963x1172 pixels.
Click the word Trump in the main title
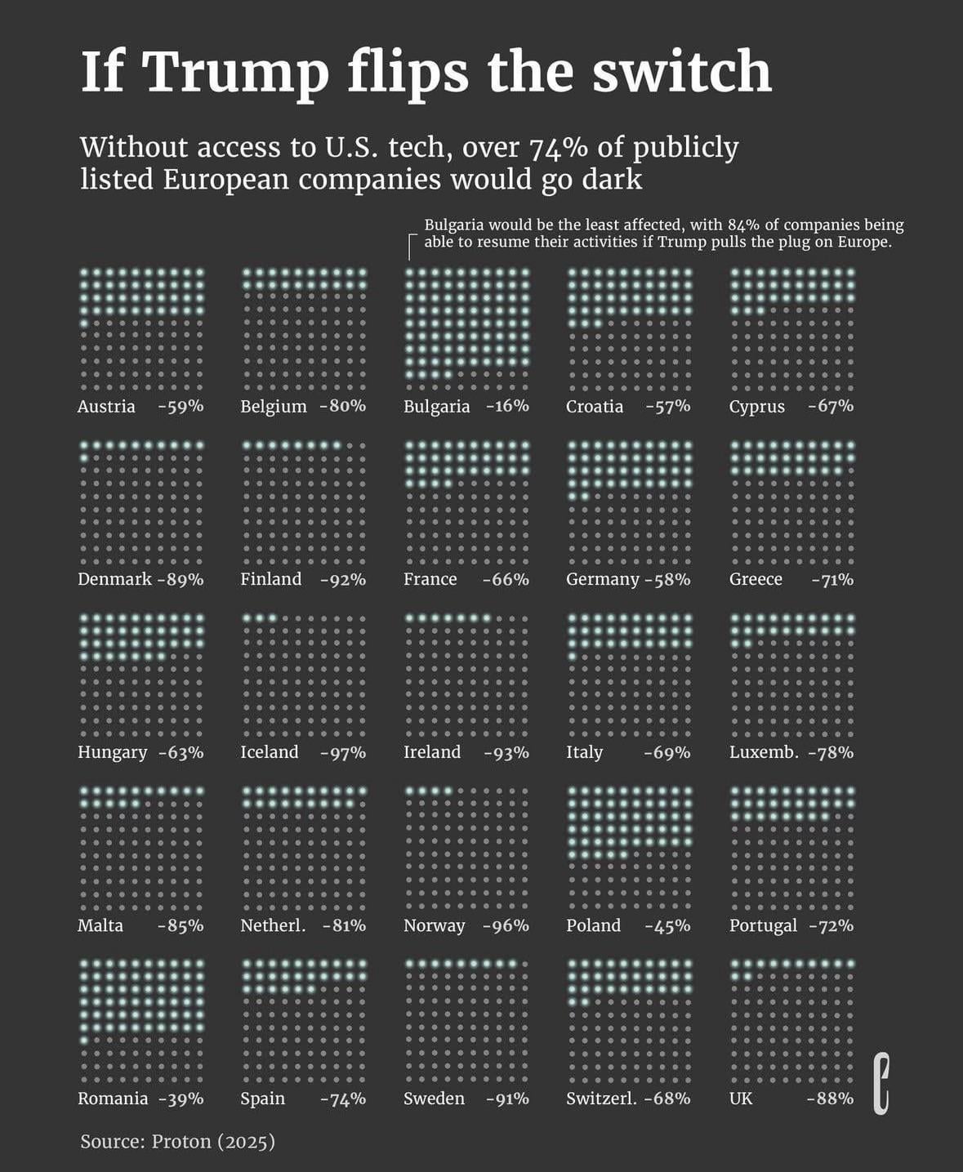pyautogui.click(x=236, y=72)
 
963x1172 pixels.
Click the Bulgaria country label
pyautogui.click(x=436, y=407)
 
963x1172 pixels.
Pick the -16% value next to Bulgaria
pyautogui.click(x=507, y=406)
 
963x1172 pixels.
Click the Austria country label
pyautogui.click(x=106, y=407)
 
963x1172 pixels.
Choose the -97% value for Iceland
pyautogui.click(x=343, y=752)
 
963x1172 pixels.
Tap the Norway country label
pyautogui.click(x=434, y=925)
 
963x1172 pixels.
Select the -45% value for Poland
pyautogui.click(x=667, y=925)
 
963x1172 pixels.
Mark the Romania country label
pyautogui.click(x=113, y=1098)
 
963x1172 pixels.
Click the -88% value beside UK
pyautogui.click(x=830, y=1098)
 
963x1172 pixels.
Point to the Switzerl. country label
pyautogui.click(x=601, y=1098)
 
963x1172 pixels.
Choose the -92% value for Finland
pyautogui.click(x=343, y=580)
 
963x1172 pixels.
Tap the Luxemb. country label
pyautogui.click(x=764, y=752)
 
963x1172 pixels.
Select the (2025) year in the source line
pyautogui.click(x=246, y=1142)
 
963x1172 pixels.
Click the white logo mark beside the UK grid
pyautogui.click(x=881, y=1084)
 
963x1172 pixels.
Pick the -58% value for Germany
pyautogui.click(x=667, y=580)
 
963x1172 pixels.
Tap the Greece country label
pyautogui.click(x=756, y=579)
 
